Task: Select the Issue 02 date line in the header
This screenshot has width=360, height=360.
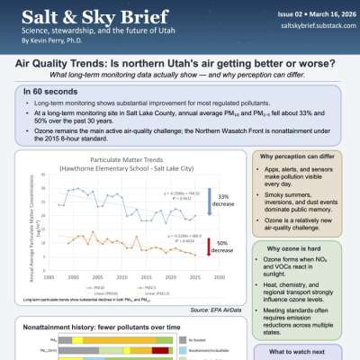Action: coord(310,16)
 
